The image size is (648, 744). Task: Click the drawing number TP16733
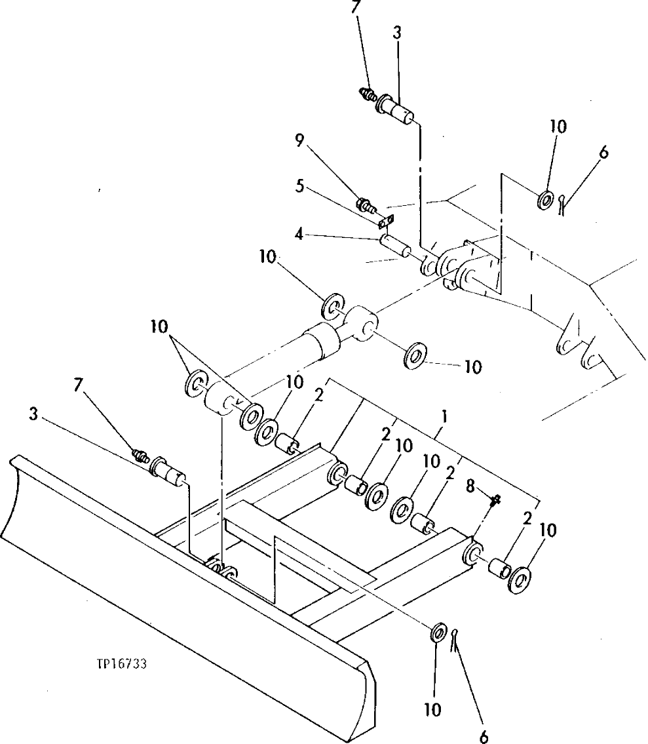(119, 663)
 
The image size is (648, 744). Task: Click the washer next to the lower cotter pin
(437, 635)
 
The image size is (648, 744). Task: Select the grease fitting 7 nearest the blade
(141, 454)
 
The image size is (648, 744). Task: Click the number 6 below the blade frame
(484, 736)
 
